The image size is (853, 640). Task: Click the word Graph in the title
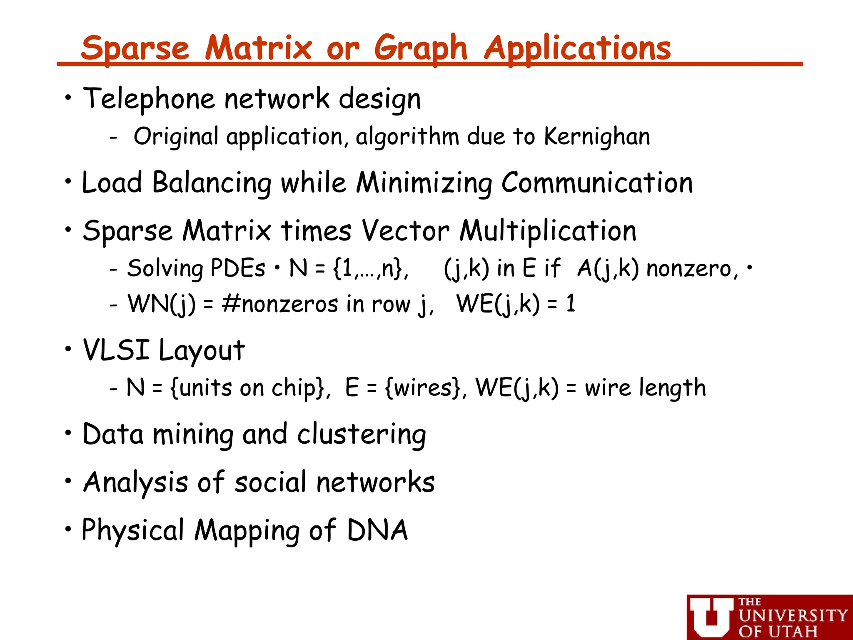tap(421, 49)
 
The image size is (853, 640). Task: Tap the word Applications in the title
tap(578, 48)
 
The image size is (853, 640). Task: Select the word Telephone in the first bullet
tap(149, 99)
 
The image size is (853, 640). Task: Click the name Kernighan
tap(597, 137)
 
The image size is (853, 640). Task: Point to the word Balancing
tap(212, 183)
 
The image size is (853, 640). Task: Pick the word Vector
tap(405, 231)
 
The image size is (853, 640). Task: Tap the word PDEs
tap(237, 268)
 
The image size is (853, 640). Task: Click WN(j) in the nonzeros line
tap(161, 304)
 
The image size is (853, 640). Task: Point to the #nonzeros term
tap(280, 304)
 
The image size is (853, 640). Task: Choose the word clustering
tap(362, 435)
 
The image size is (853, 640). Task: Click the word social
tap(271, 482)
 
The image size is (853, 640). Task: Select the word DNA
tap(377, 530)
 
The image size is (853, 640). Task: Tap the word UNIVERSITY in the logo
tap(793, 616)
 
